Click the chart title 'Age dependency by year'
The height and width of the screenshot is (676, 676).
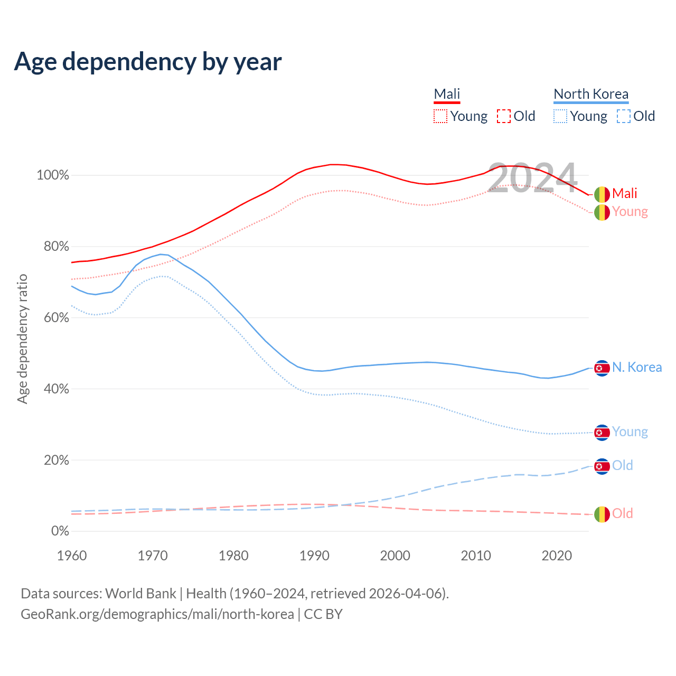(x=148, y=62)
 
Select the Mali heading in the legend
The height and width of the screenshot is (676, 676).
(x=447, y=94)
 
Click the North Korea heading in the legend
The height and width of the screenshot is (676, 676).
(x=591, y=94)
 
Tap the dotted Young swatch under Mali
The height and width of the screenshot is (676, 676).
(x=440, y=116)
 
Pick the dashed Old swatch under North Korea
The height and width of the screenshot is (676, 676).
(x=624, y=116)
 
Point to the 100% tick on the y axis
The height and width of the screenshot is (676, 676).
(x=53, y=175)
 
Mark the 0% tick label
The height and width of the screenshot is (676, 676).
(x=60, y=531)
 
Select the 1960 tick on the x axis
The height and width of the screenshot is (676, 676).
(x=72, y=556)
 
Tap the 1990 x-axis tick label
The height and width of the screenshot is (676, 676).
(x=314, y=556)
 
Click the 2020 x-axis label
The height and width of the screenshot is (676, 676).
(x=557, y=556)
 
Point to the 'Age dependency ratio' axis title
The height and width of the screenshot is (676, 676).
(x=22, y=339)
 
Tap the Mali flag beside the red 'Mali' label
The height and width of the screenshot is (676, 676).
(x=602, y=194)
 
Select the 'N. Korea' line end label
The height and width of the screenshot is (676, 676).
(x=637, y=368)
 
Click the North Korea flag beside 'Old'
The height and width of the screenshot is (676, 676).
(x=602, y=466)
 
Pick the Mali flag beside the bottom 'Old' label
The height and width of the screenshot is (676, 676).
(x=602, y=514)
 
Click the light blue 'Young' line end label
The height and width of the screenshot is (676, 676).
(x=630, y=432)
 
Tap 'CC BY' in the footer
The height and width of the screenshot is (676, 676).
(x=323, y=614)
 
